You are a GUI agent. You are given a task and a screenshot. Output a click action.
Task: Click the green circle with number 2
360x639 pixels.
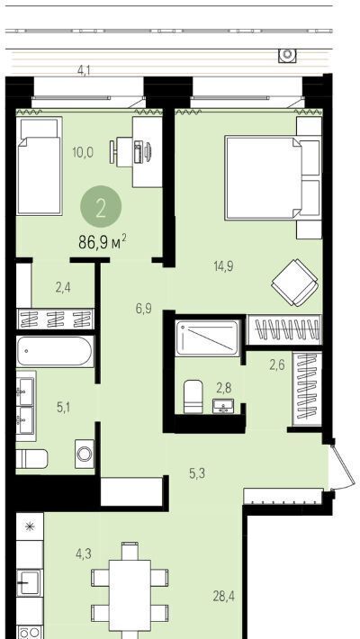pyautogui.click(x=101, y=207)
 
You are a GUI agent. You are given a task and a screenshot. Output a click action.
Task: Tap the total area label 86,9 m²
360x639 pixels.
pyautogui.click(x=103, y=242)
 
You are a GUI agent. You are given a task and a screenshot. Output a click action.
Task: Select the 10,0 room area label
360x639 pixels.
pyautogui.click(x=83, y=152)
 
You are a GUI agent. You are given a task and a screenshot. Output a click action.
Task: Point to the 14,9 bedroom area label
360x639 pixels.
pyautogui.click(x=224, y=266)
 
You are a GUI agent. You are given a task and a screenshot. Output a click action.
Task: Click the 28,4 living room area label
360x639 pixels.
pyautogui.click(x=224, y=597)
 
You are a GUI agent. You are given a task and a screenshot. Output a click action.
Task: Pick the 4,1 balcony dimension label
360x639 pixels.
pyautogui.click(x=84, y=70)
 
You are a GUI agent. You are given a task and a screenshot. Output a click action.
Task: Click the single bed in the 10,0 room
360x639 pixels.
pyautogui.click(x=39, y=166)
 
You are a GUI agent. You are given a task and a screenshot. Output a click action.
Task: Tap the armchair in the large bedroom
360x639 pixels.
pyautogui.click(x=295, y=282)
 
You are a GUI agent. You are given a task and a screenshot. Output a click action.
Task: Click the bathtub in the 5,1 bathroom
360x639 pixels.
pyautogui.click(x=55, y=351)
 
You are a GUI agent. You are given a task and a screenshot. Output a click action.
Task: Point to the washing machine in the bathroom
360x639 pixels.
pyautogui.click(x=85, y=454)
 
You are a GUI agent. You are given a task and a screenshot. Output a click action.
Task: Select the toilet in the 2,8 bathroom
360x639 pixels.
pyautogui.click(x=193, y=397)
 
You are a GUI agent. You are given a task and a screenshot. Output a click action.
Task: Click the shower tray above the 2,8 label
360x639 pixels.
pyautogui.click(x=208, y=337)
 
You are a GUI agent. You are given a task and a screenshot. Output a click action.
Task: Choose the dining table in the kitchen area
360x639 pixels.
pyautogui.click(x=130, y=595)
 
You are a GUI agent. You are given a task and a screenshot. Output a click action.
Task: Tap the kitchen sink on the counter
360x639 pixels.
pyautogui.click(x=30, y=583)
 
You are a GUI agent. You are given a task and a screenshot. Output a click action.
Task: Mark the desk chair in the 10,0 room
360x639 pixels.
pyautogui.click(x=113, y=151)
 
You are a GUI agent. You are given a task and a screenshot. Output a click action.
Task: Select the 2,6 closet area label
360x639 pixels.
pyautogui.click(x=277, y=365)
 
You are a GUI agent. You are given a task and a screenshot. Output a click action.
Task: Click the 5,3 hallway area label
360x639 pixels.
pyautogui.click(x=197, y=473)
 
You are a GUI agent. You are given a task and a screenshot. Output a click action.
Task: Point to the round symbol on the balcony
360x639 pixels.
pyautogui.click(x=287, y=54)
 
